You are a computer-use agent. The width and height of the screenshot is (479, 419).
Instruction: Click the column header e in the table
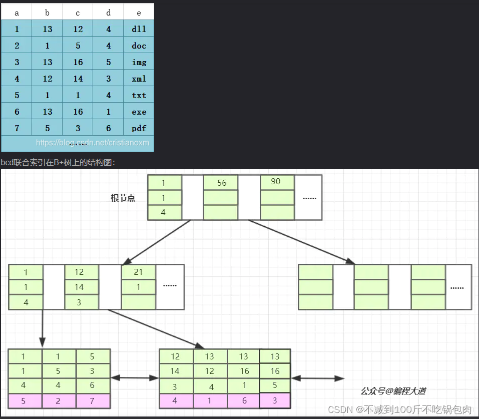click(x=139, y=13)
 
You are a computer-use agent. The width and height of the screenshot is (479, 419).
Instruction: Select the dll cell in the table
click(x=139, y=29)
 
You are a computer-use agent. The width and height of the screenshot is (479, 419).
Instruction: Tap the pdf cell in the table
click(x=139, y=128)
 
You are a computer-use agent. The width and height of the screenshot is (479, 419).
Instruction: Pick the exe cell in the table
click(x=139, y=112)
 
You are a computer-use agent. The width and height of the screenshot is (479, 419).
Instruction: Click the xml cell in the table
click(x=139, y=79)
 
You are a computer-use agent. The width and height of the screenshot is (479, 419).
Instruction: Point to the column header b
click(x=47, y=13)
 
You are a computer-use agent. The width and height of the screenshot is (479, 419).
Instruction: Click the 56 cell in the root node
click(x=221, y=183)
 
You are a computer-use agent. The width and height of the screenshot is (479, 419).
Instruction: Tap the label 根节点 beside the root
click(x=123, y=198)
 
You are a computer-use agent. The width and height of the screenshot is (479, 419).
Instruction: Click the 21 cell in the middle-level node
click(x=138, y=272)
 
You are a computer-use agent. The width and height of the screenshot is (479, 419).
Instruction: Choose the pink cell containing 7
click(x=93, y=401)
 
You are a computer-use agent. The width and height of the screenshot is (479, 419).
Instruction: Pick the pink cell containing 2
click(x=59, y=401)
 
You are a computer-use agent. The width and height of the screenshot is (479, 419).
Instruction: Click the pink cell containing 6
click(x=244, y=401)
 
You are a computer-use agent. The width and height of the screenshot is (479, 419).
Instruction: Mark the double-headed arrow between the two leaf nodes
click(x=135, y=378)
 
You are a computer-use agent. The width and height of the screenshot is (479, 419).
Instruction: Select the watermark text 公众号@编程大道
click(x=393, y=391)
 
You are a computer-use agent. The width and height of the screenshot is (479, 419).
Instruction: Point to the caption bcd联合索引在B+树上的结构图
click(x=58, y=163)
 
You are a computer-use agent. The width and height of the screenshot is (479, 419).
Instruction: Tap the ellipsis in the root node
click(x=309, y=198)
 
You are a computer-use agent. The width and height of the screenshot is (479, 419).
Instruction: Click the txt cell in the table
click(x=139, y=95)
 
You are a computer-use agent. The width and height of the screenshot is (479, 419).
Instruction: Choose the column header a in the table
click(x=17, y=13)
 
